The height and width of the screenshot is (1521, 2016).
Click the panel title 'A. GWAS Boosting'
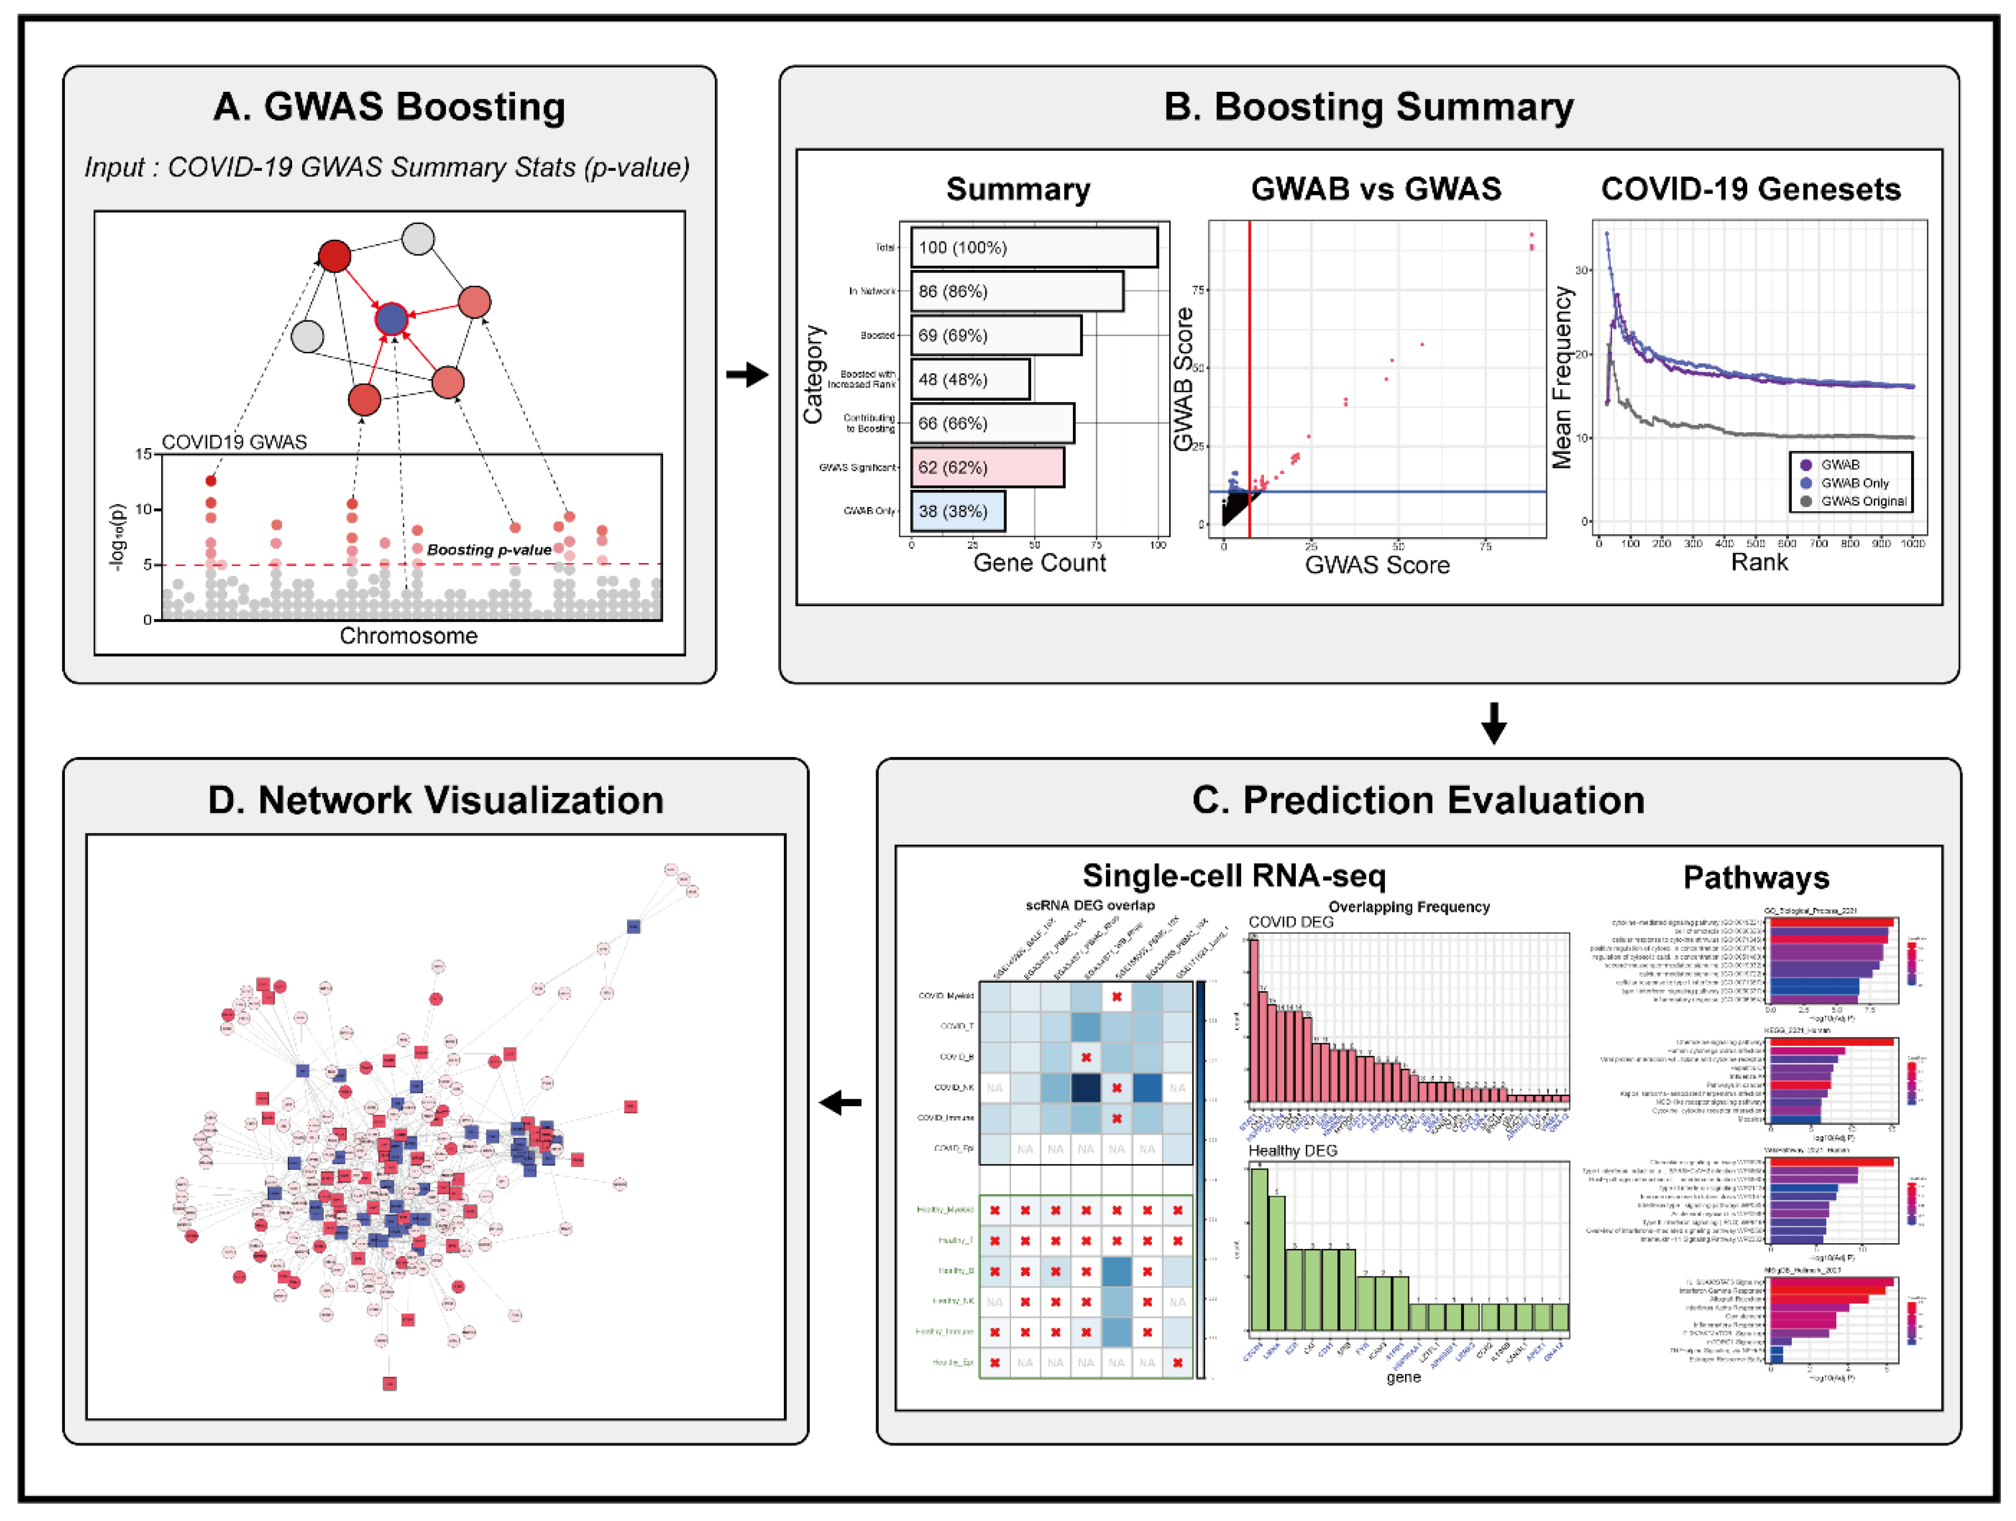click(389, 106)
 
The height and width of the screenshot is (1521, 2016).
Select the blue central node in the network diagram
click(392, 319)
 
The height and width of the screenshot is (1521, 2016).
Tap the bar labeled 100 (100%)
click(1033, 247)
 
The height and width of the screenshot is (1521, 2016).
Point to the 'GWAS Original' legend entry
click(1863, 501)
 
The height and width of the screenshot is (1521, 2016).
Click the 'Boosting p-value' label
click(489, 549)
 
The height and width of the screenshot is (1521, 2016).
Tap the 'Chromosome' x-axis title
click(408, 636)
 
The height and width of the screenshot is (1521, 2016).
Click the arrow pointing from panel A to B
click(748, 374)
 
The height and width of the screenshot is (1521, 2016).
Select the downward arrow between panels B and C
click(1494, 723)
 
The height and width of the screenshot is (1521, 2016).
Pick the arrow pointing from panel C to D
click(840, 1103)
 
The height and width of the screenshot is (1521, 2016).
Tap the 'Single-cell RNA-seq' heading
click(1233, 876)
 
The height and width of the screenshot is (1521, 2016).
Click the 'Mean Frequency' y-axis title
click(1563, 377)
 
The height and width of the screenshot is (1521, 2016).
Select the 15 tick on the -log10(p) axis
click(143, 454)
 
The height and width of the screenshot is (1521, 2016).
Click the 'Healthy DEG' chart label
click(1292, 1151)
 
